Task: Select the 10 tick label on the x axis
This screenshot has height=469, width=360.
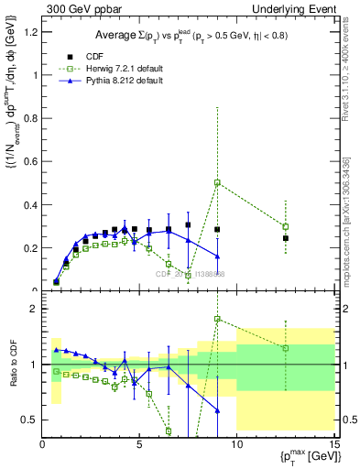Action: (x=236, y=446)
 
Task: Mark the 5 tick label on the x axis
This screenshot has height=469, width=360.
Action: (x=139, y=446)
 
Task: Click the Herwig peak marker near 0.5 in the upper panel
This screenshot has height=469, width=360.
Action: (x=217, y=182)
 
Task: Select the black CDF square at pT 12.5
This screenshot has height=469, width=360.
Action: (x=285, y=238)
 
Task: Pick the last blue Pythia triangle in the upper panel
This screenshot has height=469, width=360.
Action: (x=217, y=256)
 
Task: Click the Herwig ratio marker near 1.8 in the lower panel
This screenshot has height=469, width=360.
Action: (x=217, y=319)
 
